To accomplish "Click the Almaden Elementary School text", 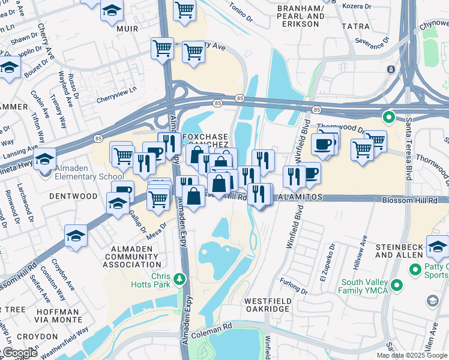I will [x=83, y=173].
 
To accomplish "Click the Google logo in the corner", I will [x=19, y=353].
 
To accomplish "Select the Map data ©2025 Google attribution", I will [x=412, y=355].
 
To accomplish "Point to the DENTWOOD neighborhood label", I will [x=73, y=196].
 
